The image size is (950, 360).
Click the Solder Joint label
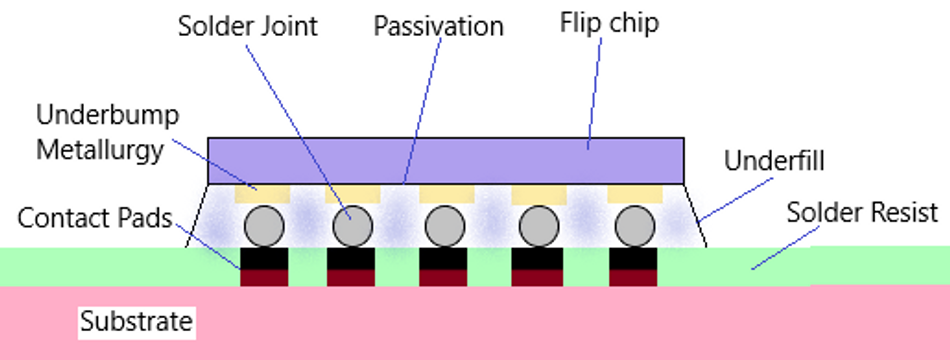click(x=247, y=26)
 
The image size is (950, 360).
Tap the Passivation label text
click(x=438, y=26)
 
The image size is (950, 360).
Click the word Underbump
click(x=106, y=115)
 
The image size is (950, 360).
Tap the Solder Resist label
click(x=862, y=212)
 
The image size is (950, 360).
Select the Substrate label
click(x=136, y=322)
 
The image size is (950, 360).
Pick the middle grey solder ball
click(x=444, y=227)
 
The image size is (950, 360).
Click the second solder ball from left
click(x=352, y=227)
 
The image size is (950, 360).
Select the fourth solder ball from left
click(x=538, y=227)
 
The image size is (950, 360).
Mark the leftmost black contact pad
click(x=264, y=258)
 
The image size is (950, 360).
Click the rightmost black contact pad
click(x=634, y=258)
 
